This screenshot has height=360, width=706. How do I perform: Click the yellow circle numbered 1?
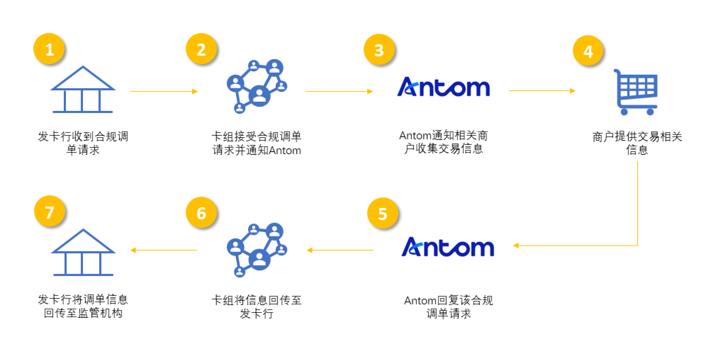pyautogui.click(x=49, y=49)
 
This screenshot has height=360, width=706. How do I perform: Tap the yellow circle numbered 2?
pyautogui.click(x=201, y=49)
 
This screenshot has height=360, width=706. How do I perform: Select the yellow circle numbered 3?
pyautogui.click(x=379, y=50)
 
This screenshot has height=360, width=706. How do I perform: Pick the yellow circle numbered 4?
pyautogui.click(x=588, y=51)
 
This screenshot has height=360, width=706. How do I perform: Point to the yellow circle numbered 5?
pyautogui.click(x=383, y=213)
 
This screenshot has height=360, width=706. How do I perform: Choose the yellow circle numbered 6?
pyautogui.click(x=201, y=213)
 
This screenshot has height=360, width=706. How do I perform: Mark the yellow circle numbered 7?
pyautogui.click(x=50, y=212)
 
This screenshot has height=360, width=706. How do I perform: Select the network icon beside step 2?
pyautogui.click(x=257, y=86)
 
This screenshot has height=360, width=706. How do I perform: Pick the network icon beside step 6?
pyautogui.click(x=257, y=250)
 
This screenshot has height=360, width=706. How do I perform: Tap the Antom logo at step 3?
pyautogui.click(x=444, y=87)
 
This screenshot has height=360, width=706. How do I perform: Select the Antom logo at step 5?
pyautogui.click(x=448, y=247)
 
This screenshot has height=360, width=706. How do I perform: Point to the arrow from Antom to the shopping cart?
pyautogui.click(x=542, y=91)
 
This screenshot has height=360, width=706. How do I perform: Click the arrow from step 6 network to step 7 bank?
pyautogui.click(x=164, y=250)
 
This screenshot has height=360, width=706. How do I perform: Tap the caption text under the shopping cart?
pyautogui.click(x=637, y=143)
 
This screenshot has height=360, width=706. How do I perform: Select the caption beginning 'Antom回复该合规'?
pyautogui.click(x=448, y=307)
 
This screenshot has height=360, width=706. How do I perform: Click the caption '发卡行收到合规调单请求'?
pyautogui.click(x=83, y=143)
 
